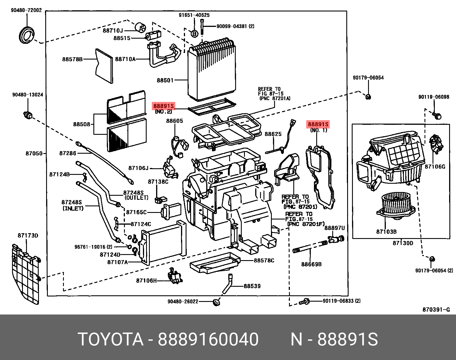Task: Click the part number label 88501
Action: [x=165, y=80]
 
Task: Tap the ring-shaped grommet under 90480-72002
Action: [x=26, y=35]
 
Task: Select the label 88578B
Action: [x=72, y=59]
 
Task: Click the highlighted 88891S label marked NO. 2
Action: [x=163, y=106]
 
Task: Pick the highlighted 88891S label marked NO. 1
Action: [x=318, y=124]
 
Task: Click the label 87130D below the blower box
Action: [x=403, y=243]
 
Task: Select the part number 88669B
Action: [x=311, y=264]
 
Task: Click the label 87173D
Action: [x=28, y=236]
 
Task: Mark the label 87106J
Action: [x=138, y=168]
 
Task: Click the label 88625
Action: [x=273, y=134]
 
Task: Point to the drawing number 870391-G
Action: [x=436, y=310]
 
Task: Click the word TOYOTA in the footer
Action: [x=110, y=339]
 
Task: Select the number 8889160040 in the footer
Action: [x=208, y=339]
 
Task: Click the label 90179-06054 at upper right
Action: [x=368, y=78]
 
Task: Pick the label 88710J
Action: [x=113, y=31]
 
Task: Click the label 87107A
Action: [x=117, y=262]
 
